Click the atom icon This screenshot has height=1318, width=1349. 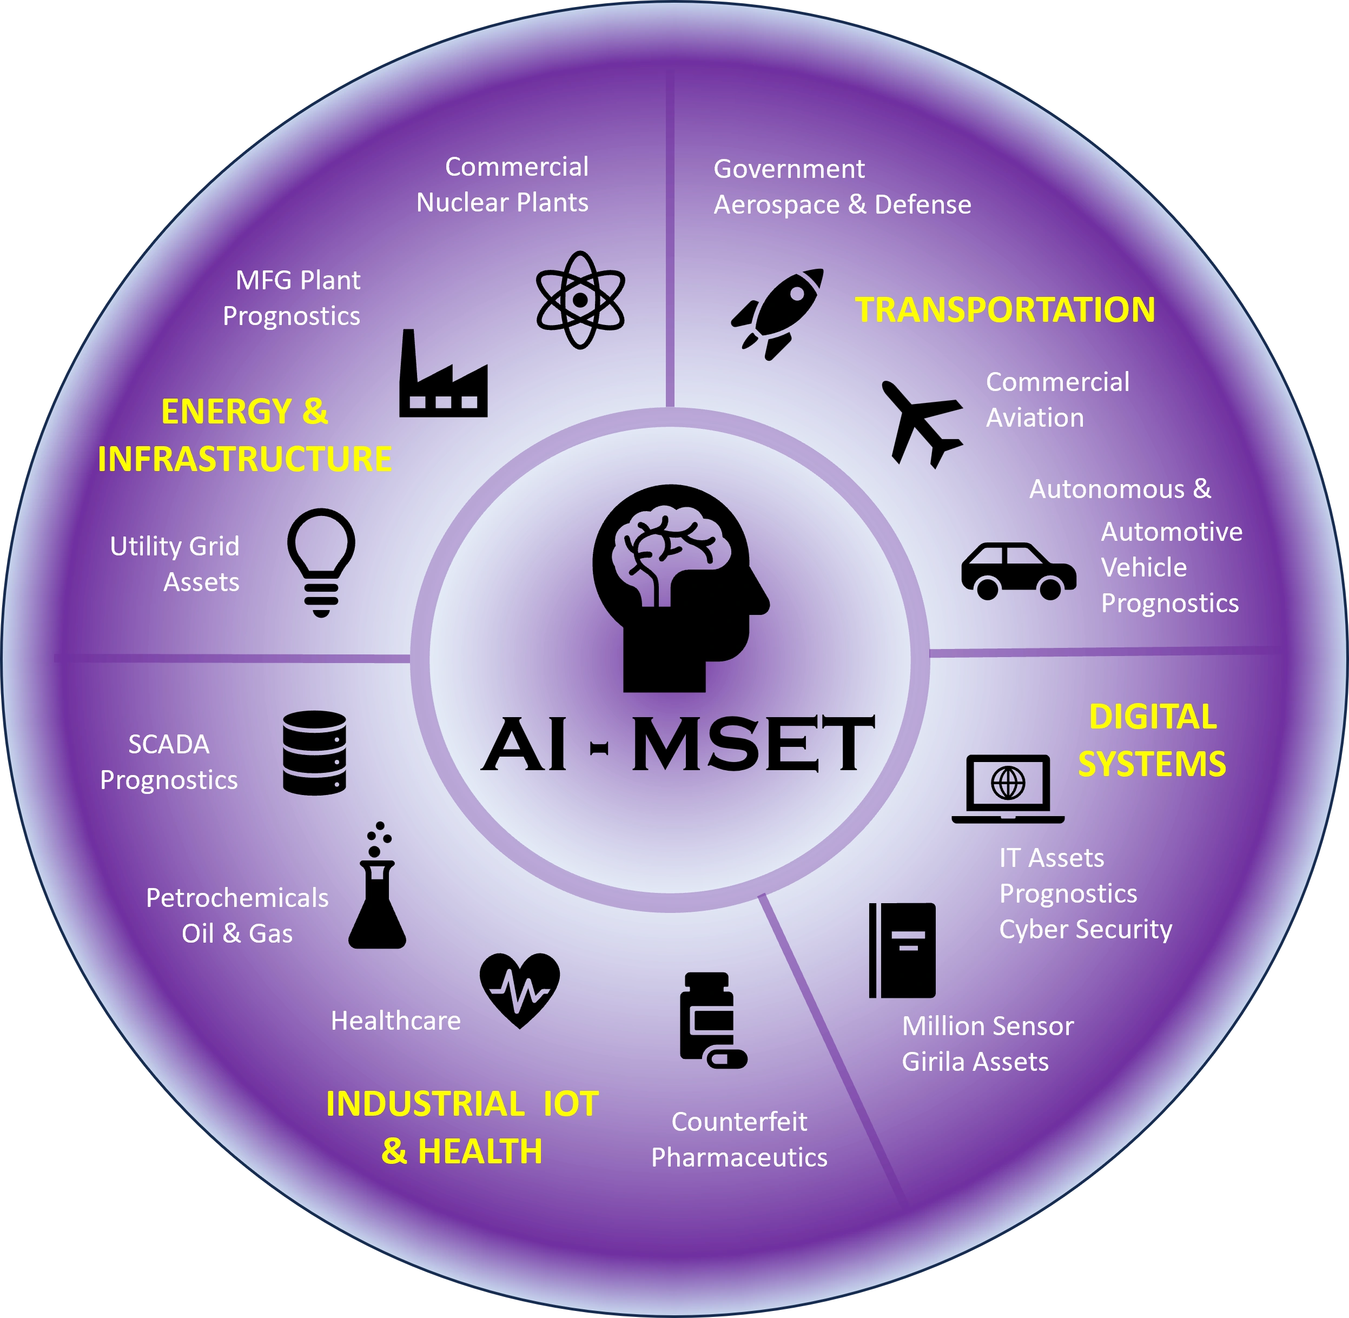580,300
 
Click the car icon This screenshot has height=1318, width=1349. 1018,571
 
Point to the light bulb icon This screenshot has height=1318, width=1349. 321,562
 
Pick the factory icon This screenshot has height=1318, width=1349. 443,373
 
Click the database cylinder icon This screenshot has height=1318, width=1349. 314,752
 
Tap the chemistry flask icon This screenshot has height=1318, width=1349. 377,885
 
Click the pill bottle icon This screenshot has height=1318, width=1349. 713,1021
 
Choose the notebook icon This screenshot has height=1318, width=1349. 902,950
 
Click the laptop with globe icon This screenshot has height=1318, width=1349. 1008,789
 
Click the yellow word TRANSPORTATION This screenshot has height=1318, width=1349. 1005,309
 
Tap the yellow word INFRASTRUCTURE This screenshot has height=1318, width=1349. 244,459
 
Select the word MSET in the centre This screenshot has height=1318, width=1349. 753,744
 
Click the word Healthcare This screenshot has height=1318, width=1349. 395,1021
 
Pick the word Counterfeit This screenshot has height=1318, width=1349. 739,1121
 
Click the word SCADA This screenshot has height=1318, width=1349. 169,744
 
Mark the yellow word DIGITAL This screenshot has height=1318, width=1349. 1153,717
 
